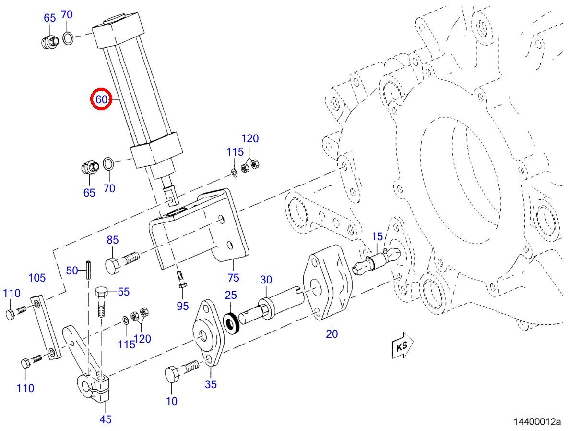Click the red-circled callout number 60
pyautogui.click(x=102, y=99)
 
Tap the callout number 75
pyautogui.click(x=233, y=278)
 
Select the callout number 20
pyautogui.click(x=332, y=333)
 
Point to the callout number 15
pyautogui.click(x=378, y=236)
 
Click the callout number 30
pyautogui.click(x=266, y=280)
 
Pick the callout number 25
pyautogui.click(x=231, y=295)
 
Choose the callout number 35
pyautogui.click(x=211, y=384)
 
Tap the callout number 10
pyautogui.click(x=172, y=401)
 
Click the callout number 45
pyautogui.click(x=106, y=419)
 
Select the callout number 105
pyautogui.click(x=37, y=278)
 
